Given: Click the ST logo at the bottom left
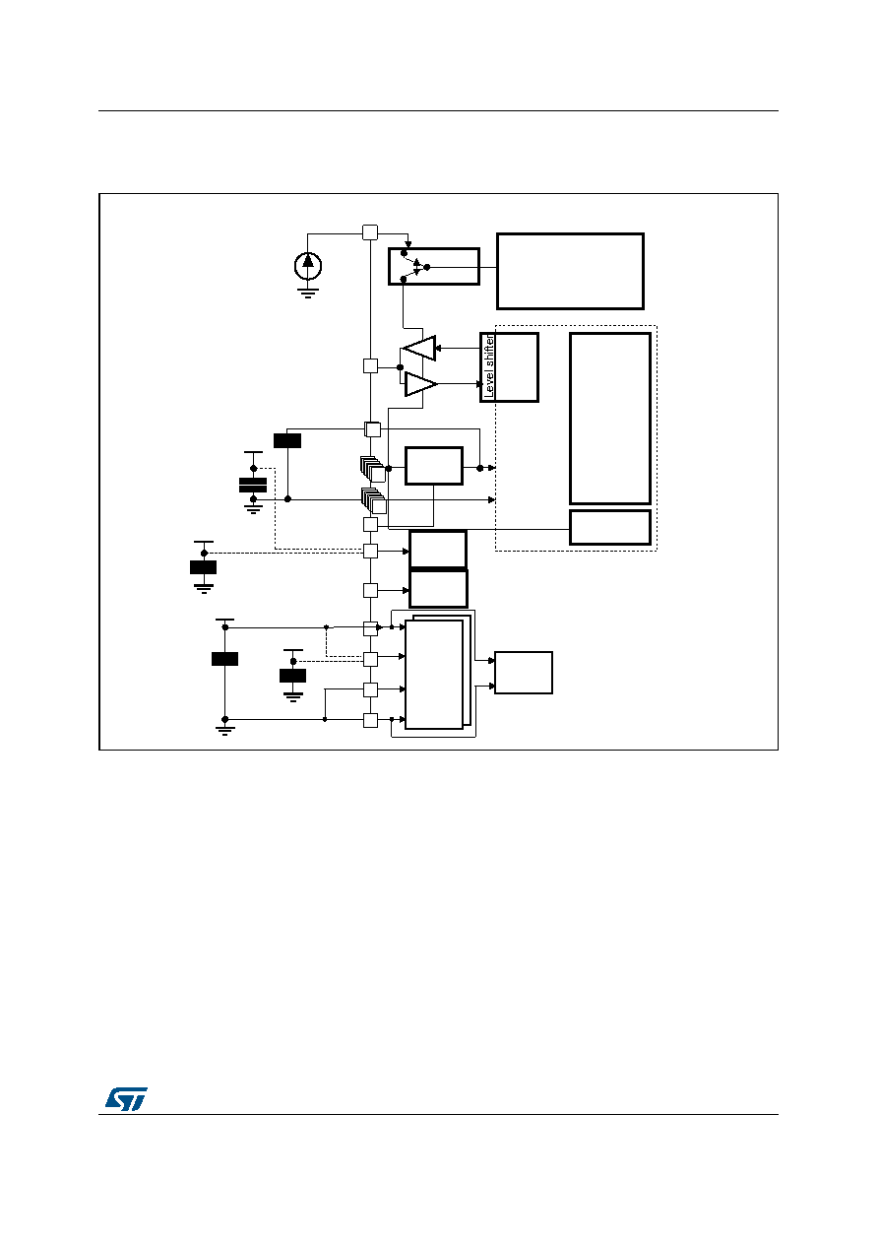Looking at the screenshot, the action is (127, 1098).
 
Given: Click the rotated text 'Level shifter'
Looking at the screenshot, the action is (489, 366).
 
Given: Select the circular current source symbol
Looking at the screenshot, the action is (308, 266).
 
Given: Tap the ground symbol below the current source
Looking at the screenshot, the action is (307, 294).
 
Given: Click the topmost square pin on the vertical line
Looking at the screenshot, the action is (370, 232).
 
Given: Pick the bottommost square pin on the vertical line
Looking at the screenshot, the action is (370, 720).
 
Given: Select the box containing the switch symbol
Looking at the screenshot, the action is (433, 267).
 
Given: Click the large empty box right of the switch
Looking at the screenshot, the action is (570, 271).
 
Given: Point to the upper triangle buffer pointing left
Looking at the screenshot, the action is (419, 349).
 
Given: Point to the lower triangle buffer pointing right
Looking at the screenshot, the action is (420, 384).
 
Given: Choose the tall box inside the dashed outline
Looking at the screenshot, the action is (610, 419).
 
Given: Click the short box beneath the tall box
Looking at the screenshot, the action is (610, 528).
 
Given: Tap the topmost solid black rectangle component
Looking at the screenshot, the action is (287, 441).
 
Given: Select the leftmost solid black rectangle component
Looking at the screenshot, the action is (203, 567).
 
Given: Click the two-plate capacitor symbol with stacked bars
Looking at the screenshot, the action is (253, 485).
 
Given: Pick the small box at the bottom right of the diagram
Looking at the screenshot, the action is (524, 673).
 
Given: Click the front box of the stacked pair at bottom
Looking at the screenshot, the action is (434, 675).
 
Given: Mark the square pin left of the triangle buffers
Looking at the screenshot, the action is (370, 366).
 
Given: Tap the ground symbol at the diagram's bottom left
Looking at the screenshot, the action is (224, 730).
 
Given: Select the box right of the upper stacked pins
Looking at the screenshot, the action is (433, 466).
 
